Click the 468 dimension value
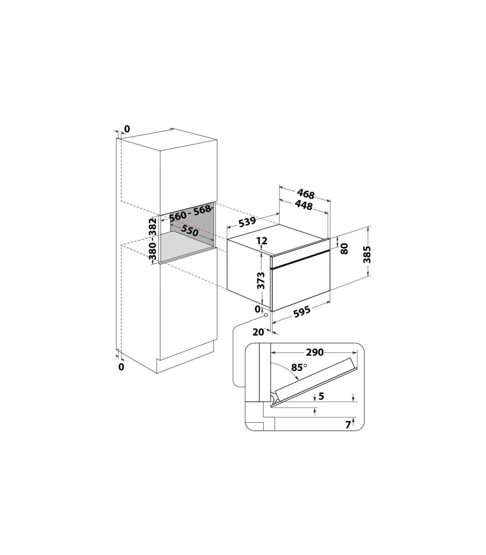[x=305, y=194]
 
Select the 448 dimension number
[x=304, y=205]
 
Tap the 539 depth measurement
[x=247, y=222]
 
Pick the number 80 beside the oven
[x=344, y=249]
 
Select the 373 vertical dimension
[x=261, y=280]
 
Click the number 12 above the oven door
[x=262, y=241]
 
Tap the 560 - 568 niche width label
[x=190, y=213]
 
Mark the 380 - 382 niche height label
[x=153, y=239]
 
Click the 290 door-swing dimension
[x=315, y=352]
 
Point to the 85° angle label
[x=299, y=368]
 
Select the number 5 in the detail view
[x=321, y=396]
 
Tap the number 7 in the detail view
[x=348, y=425]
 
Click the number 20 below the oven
[x=258, y=332]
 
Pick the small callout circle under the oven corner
[x=266, y=315]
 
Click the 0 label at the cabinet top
[x=127, y=129]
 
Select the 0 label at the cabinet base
[x=121, y=367]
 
